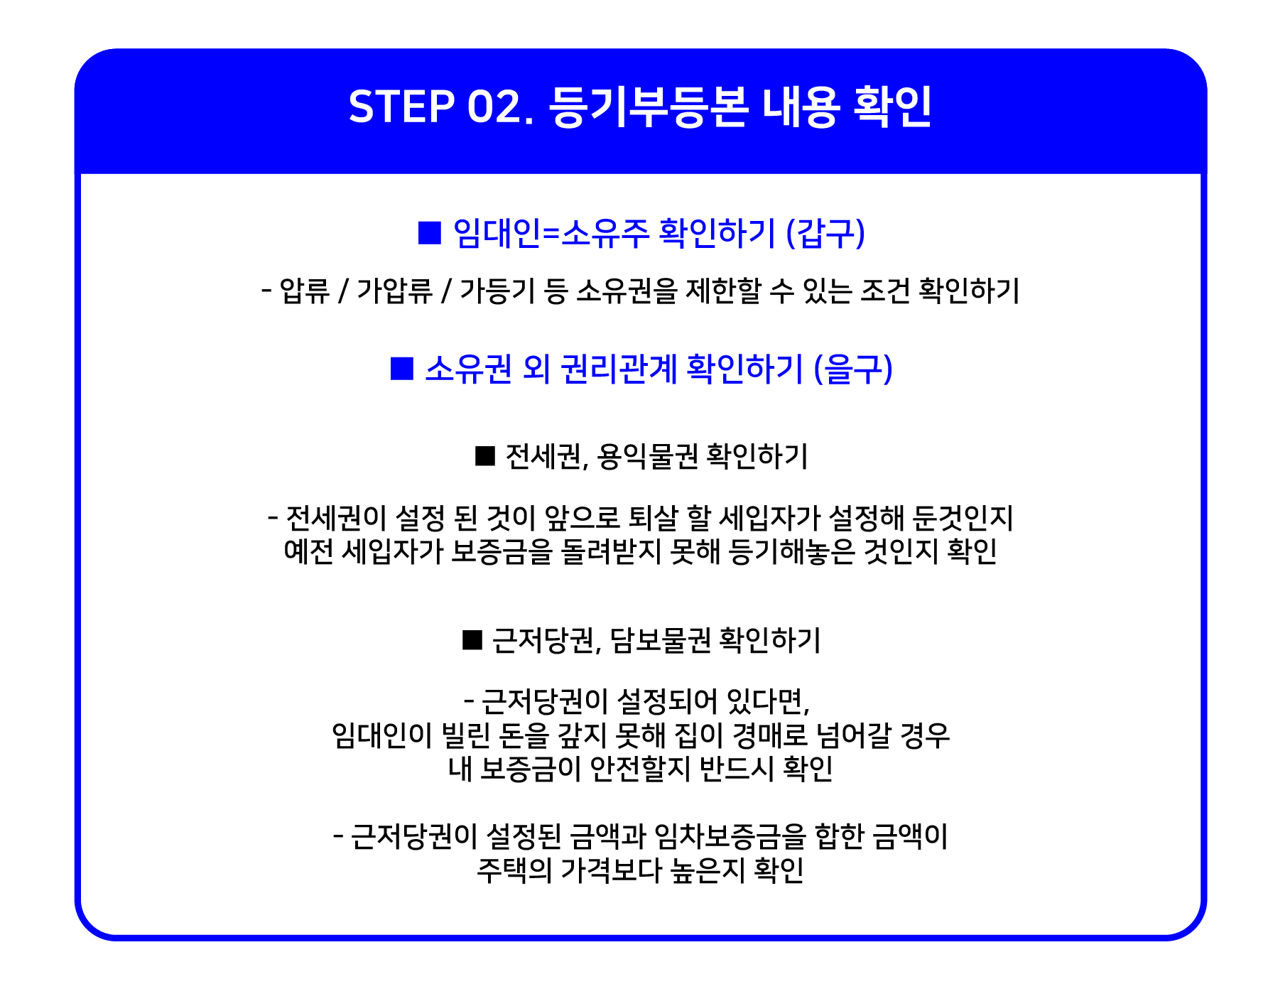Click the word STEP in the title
click(x=401, y=107)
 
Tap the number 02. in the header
click(x=500, y=107)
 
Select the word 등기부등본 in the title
click(x=649, y=107)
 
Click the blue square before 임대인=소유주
click(x=430, y=232)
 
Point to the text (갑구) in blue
click(x=825, y=232)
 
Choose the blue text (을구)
click(x=852, y=369)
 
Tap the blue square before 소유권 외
click(x=402, y=369)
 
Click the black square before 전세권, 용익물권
click(x=485, y=456)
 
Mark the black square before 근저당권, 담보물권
click(x=472, y=640)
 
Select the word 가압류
click(x=394, y=291)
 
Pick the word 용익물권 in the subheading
click(x=648, y=456)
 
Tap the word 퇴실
click(x=653, y=518)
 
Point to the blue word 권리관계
click(x=619, y=369)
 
